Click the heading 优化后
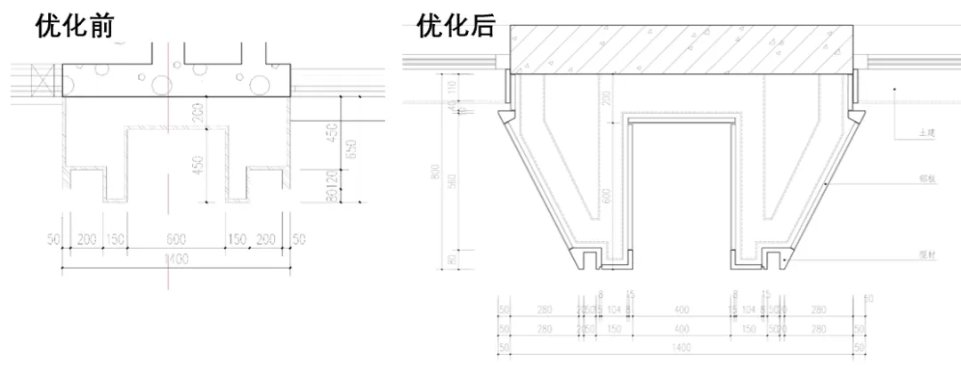tap(456, 26)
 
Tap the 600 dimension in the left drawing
tap(174, 239)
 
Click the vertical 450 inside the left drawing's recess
tap(198, 165)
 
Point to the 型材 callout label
tap(927, 253)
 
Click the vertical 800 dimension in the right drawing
tap(434, 171)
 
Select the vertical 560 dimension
tap(452, 181)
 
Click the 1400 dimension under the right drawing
tap(682, 348)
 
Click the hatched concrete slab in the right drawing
tap(682, 48)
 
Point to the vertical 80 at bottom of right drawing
tap(452, 259)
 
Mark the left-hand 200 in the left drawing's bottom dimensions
tap(87, 239)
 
